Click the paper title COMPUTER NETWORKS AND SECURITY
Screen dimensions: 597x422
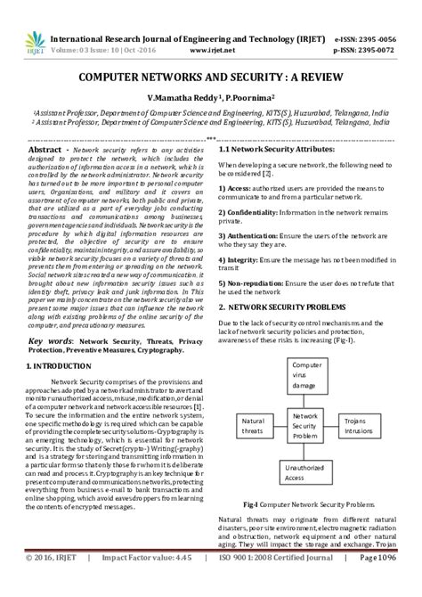coord(210,78)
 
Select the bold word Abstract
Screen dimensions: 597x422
coord(45,153)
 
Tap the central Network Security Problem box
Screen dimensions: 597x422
coord(305,425)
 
